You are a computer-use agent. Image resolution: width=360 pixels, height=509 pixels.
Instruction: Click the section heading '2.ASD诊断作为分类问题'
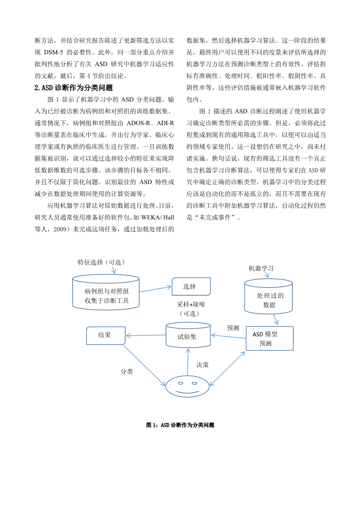coord(73,88)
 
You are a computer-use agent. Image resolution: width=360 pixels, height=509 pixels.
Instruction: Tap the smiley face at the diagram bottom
coord(187,386)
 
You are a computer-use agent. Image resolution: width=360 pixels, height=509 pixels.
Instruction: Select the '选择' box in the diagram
coord(191,287)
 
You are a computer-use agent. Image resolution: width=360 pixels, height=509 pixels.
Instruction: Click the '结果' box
coord(105,335)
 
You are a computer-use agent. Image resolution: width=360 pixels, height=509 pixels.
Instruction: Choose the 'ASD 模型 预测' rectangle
coord(269,339)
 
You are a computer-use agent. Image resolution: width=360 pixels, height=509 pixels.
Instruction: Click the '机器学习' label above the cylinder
coord(261,269)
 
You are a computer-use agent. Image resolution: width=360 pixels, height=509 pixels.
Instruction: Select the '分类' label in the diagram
coord(127,372)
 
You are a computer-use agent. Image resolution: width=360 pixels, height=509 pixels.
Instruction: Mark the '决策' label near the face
coord(203,365)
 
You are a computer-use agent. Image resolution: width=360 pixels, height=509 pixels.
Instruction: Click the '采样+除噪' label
coord(191,304)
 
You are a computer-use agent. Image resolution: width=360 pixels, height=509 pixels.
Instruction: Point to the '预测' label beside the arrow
coord(233,328)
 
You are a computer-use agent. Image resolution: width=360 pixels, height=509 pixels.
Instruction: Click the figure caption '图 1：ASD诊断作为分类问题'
coord(180,425)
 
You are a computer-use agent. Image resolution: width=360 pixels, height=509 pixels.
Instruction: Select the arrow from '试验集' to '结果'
coord(146,335)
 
